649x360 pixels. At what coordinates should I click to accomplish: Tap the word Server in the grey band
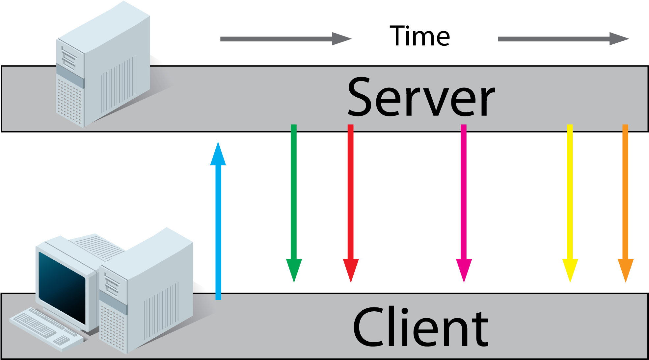point(421,97)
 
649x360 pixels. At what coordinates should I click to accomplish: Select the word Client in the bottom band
point(420,327)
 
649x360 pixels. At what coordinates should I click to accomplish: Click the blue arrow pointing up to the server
point(218,221)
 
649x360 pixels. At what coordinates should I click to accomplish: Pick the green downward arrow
point(294,203)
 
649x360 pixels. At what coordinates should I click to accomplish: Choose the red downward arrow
point(351,203)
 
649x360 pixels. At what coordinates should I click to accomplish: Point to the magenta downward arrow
point(464,203)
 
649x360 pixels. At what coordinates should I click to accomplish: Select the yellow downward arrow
point(570,203)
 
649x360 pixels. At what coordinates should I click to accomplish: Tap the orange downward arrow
point(625,203)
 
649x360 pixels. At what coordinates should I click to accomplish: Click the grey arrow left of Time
point(286,39)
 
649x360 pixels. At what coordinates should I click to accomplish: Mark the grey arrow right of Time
point(563,39)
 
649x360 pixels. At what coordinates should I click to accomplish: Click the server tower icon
point(103,64)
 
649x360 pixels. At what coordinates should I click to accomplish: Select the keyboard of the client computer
point(46,329)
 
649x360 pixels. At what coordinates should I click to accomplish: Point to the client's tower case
point(146,291)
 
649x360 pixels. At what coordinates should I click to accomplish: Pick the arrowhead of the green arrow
point(294,270)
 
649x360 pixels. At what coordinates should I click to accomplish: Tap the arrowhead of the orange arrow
point(625,270)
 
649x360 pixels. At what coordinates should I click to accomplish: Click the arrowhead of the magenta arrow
point(464,270)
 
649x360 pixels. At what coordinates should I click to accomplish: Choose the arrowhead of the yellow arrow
point(570,270)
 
